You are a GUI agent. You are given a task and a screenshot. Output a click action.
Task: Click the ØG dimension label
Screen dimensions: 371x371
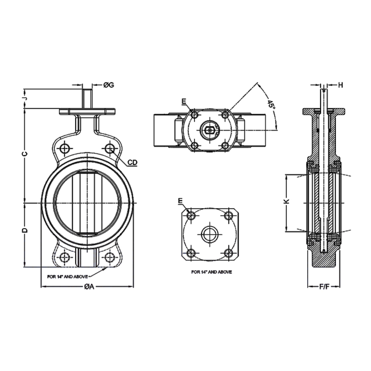tap(109, 85)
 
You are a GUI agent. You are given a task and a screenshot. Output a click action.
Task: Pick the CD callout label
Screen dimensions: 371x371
tap(132, 162)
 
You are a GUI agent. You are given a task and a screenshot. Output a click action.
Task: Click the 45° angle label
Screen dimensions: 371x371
tap(270, 104)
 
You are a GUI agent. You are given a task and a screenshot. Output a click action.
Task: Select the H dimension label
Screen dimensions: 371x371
tap(340, 85)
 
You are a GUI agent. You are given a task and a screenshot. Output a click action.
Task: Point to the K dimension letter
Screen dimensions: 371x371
tap(285, 202)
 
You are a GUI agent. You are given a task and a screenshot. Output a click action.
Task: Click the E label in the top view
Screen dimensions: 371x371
tap(184, 102)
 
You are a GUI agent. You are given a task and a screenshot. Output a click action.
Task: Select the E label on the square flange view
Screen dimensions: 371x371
tap(181, 201)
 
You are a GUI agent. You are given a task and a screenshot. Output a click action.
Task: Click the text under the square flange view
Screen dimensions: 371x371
tap(211, 272)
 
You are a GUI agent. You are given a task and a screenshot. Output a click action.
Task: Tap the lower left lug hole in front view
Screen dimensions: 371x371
tap(65, 257)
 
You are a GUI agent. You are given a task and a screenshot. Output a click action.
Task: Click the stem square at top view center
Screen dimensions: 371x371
tap(210, 130)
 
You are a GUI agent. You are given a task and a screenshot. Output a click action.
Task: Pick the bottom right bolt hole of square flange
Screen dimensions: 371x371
tap(229, 253)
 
